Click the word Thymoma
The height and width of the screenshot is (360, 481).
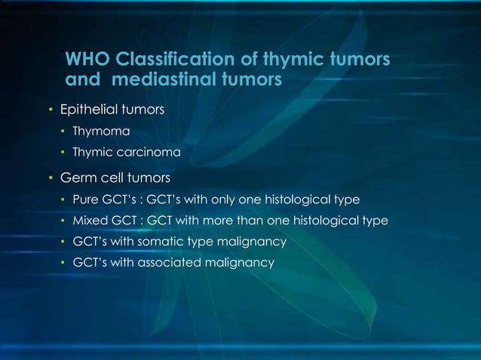click(96, 132)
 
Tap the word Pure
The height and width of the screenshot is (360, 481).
click(85, 200)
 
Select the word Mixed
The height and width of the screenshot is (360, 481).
click(89, 221)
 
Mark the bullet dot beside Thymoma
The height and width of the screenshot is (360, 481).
click(63, 133)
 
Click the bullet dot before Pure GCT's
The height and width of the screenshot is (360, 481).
click(63, 200)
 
